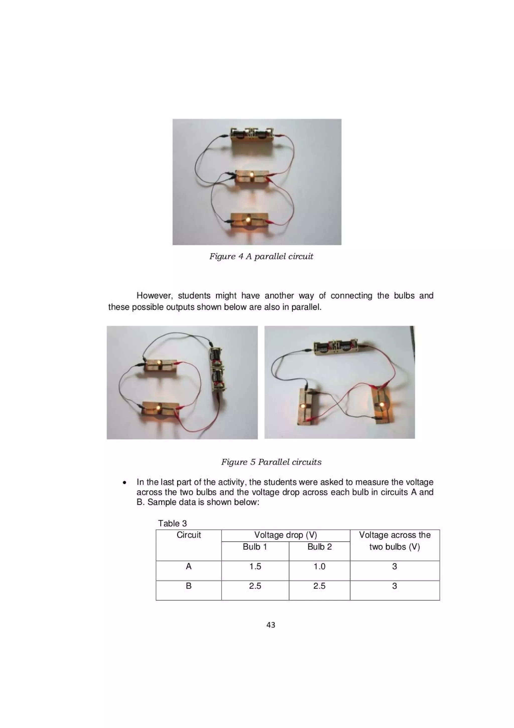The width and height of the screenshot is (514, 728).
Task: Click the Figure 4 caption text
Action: (x=261, y=256)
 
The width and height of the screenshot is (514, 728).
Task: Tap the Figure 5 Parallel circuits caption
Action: (x=271, y=462)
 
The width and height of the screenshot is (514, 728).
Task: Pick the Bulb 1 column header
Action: (x=255, y=547)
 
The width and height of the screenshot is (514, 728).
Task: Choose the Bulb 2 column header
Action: (x=319, y=547)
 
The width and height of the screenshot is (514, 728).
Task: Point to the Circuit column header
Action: (x=188, y=535)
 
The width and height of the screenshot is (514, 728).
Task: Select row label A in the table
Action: (x=188, y=566)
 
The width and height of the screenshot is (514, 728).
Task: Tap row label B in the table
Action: (x=188, y=586)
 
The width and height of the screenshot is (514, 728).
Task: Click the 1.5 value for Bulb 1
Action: (x=255, y=566)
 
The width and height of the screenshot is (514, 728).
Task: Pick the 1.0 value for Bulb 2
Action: (x=319, y=566)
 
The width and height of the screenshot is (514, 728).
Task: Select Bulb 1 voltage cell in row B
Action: (x=255, y=586)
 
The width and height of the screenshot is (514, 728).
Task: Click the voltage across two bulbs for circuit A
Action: (x=394, y=566)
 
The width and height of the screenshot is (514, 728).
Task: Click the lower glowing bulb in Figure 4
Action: (x=248, y=219)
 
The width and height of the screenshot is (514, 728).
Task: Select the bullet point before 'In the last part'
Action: (x=125, y=483)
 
